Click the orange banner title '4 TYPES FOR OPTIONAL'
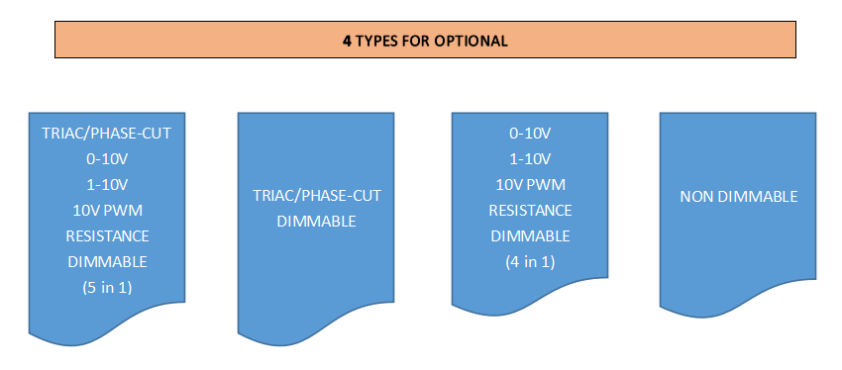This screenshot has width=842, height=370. [x=425, y=41]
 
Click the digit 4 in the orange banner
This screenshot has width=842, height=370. [x=347, y=41]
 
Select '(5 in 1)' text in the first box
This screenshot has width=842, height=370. [x=107, y=288]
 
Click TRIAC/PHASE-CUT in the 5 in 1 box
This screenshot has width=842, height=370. [x=107, y=133]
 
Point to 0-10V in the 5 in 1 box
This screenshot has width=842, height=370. [x=107, y=158]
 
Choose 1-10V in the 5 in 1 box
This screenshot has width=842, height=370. [x=107, y=184]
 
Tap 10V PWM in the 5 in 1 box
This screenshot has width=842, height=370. [x=107, y=210]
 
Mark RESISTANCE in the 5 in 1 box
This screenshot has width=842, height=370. [x=107, y=235]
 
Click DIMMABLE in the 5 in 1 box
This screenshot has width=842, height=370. [x=107, y=262]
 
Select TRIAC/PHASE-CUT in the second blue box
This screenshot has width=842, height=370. [x=317, y=196]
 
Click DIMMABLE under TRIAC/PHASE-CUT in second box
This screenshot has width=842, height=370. [x=317, y=221]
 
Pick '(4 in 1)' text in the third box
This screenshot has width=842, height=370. [x=531, y=262]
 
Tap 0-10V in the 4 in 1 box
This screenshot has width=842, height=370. [x=531, y=134]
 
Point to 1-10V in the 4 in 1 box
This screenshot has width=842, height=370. [x=531, y=159]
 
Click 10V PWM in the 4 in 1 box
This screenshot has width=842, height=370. [x=531, y=185]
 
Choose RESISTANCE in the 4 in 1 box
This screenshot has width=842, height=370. [x=531, y=211]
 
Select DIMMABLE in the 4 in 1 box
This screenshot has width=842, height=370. [x=531, y=236]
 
